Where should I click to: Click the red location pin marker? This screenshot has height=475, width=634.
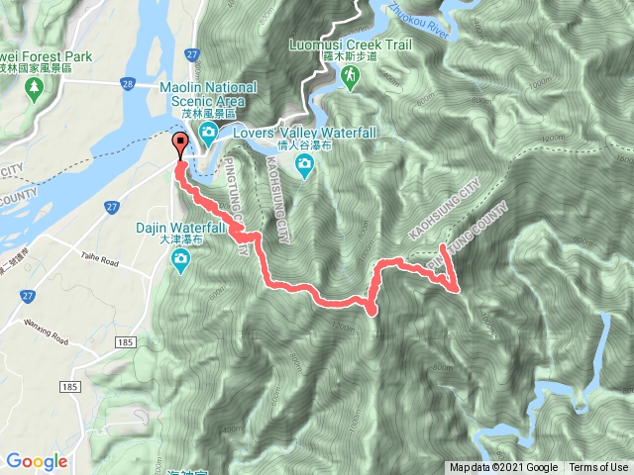tap(180, 146)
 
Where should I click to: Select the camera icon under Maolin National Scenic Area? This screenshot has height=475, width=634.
tap(209, 133)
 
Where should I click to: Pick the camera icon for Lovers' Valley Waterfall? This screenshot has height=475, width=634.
tap(305, 161)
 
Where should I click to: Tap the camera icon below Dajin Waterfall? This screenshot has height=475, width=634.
tap(181, 260)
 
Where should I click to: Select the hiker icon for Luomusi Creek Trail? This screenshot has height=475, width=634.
tap(351, 76)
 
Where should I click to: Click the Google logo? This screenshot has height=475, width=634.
tap(37, 461)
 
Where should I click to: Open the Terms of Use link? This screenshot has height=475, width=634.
tap(598, 468)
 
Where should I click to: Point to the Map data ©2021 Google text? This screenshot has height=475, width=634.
tap(504, 468)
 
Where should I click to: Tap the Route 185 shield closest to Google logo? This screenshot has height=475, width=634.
tap(69, 385)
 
